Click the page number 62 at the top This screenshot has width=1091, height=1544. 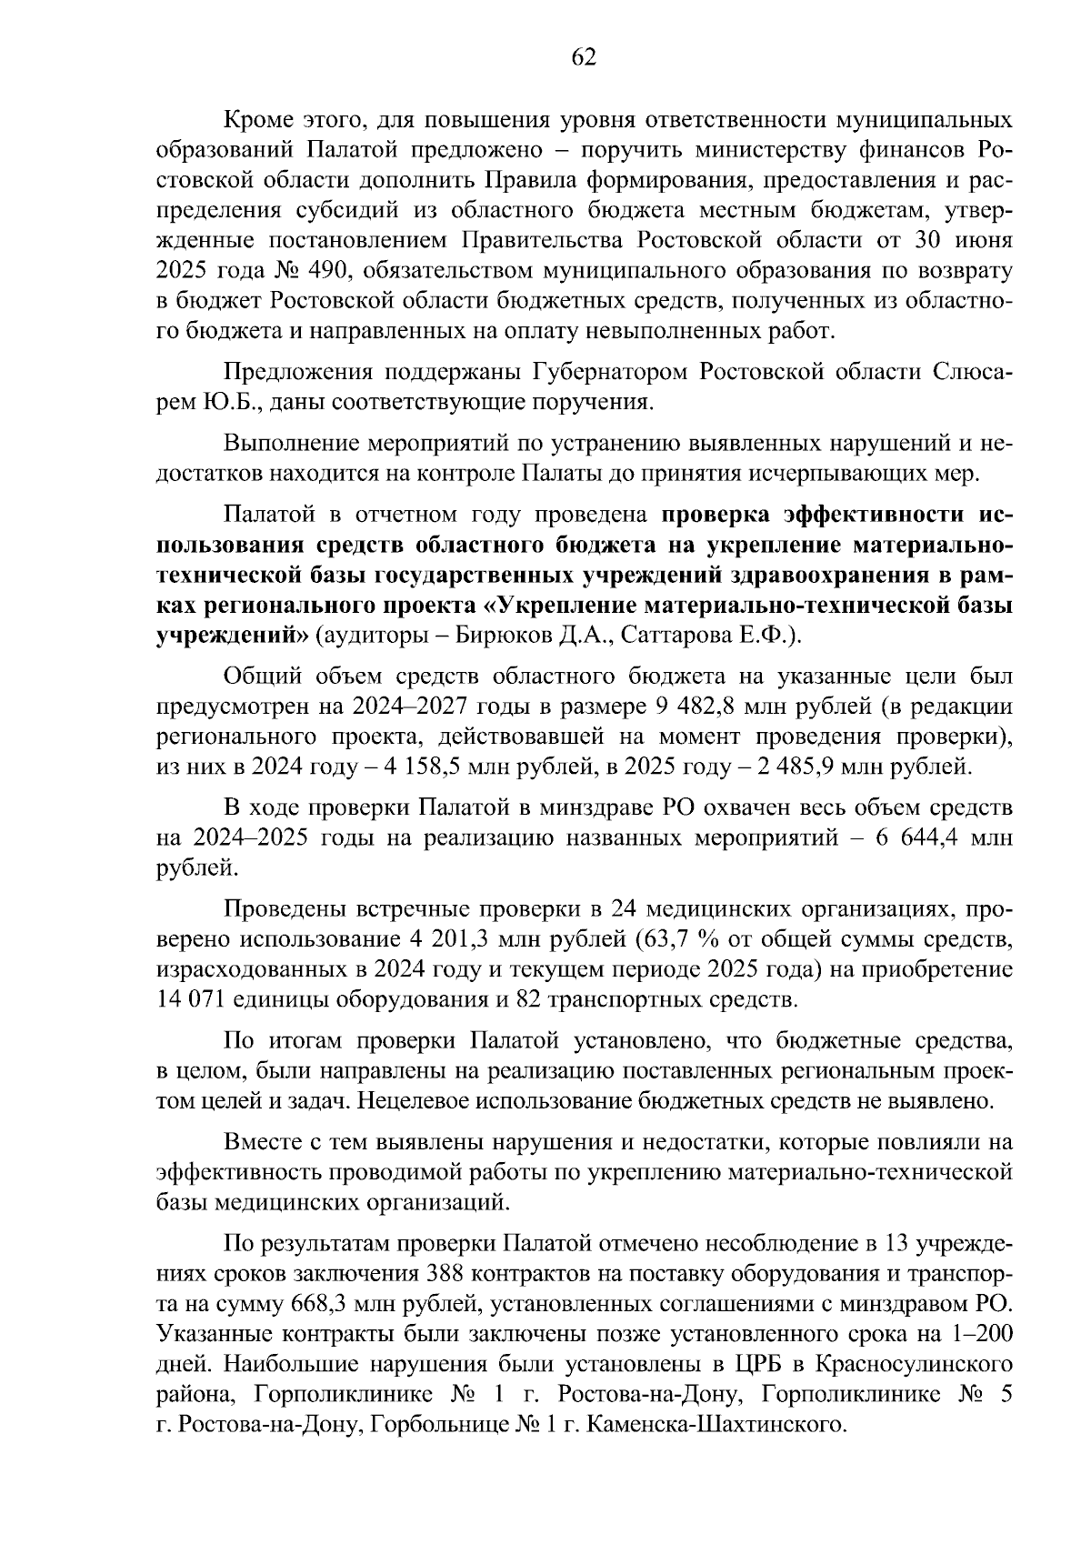point(583,58)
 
